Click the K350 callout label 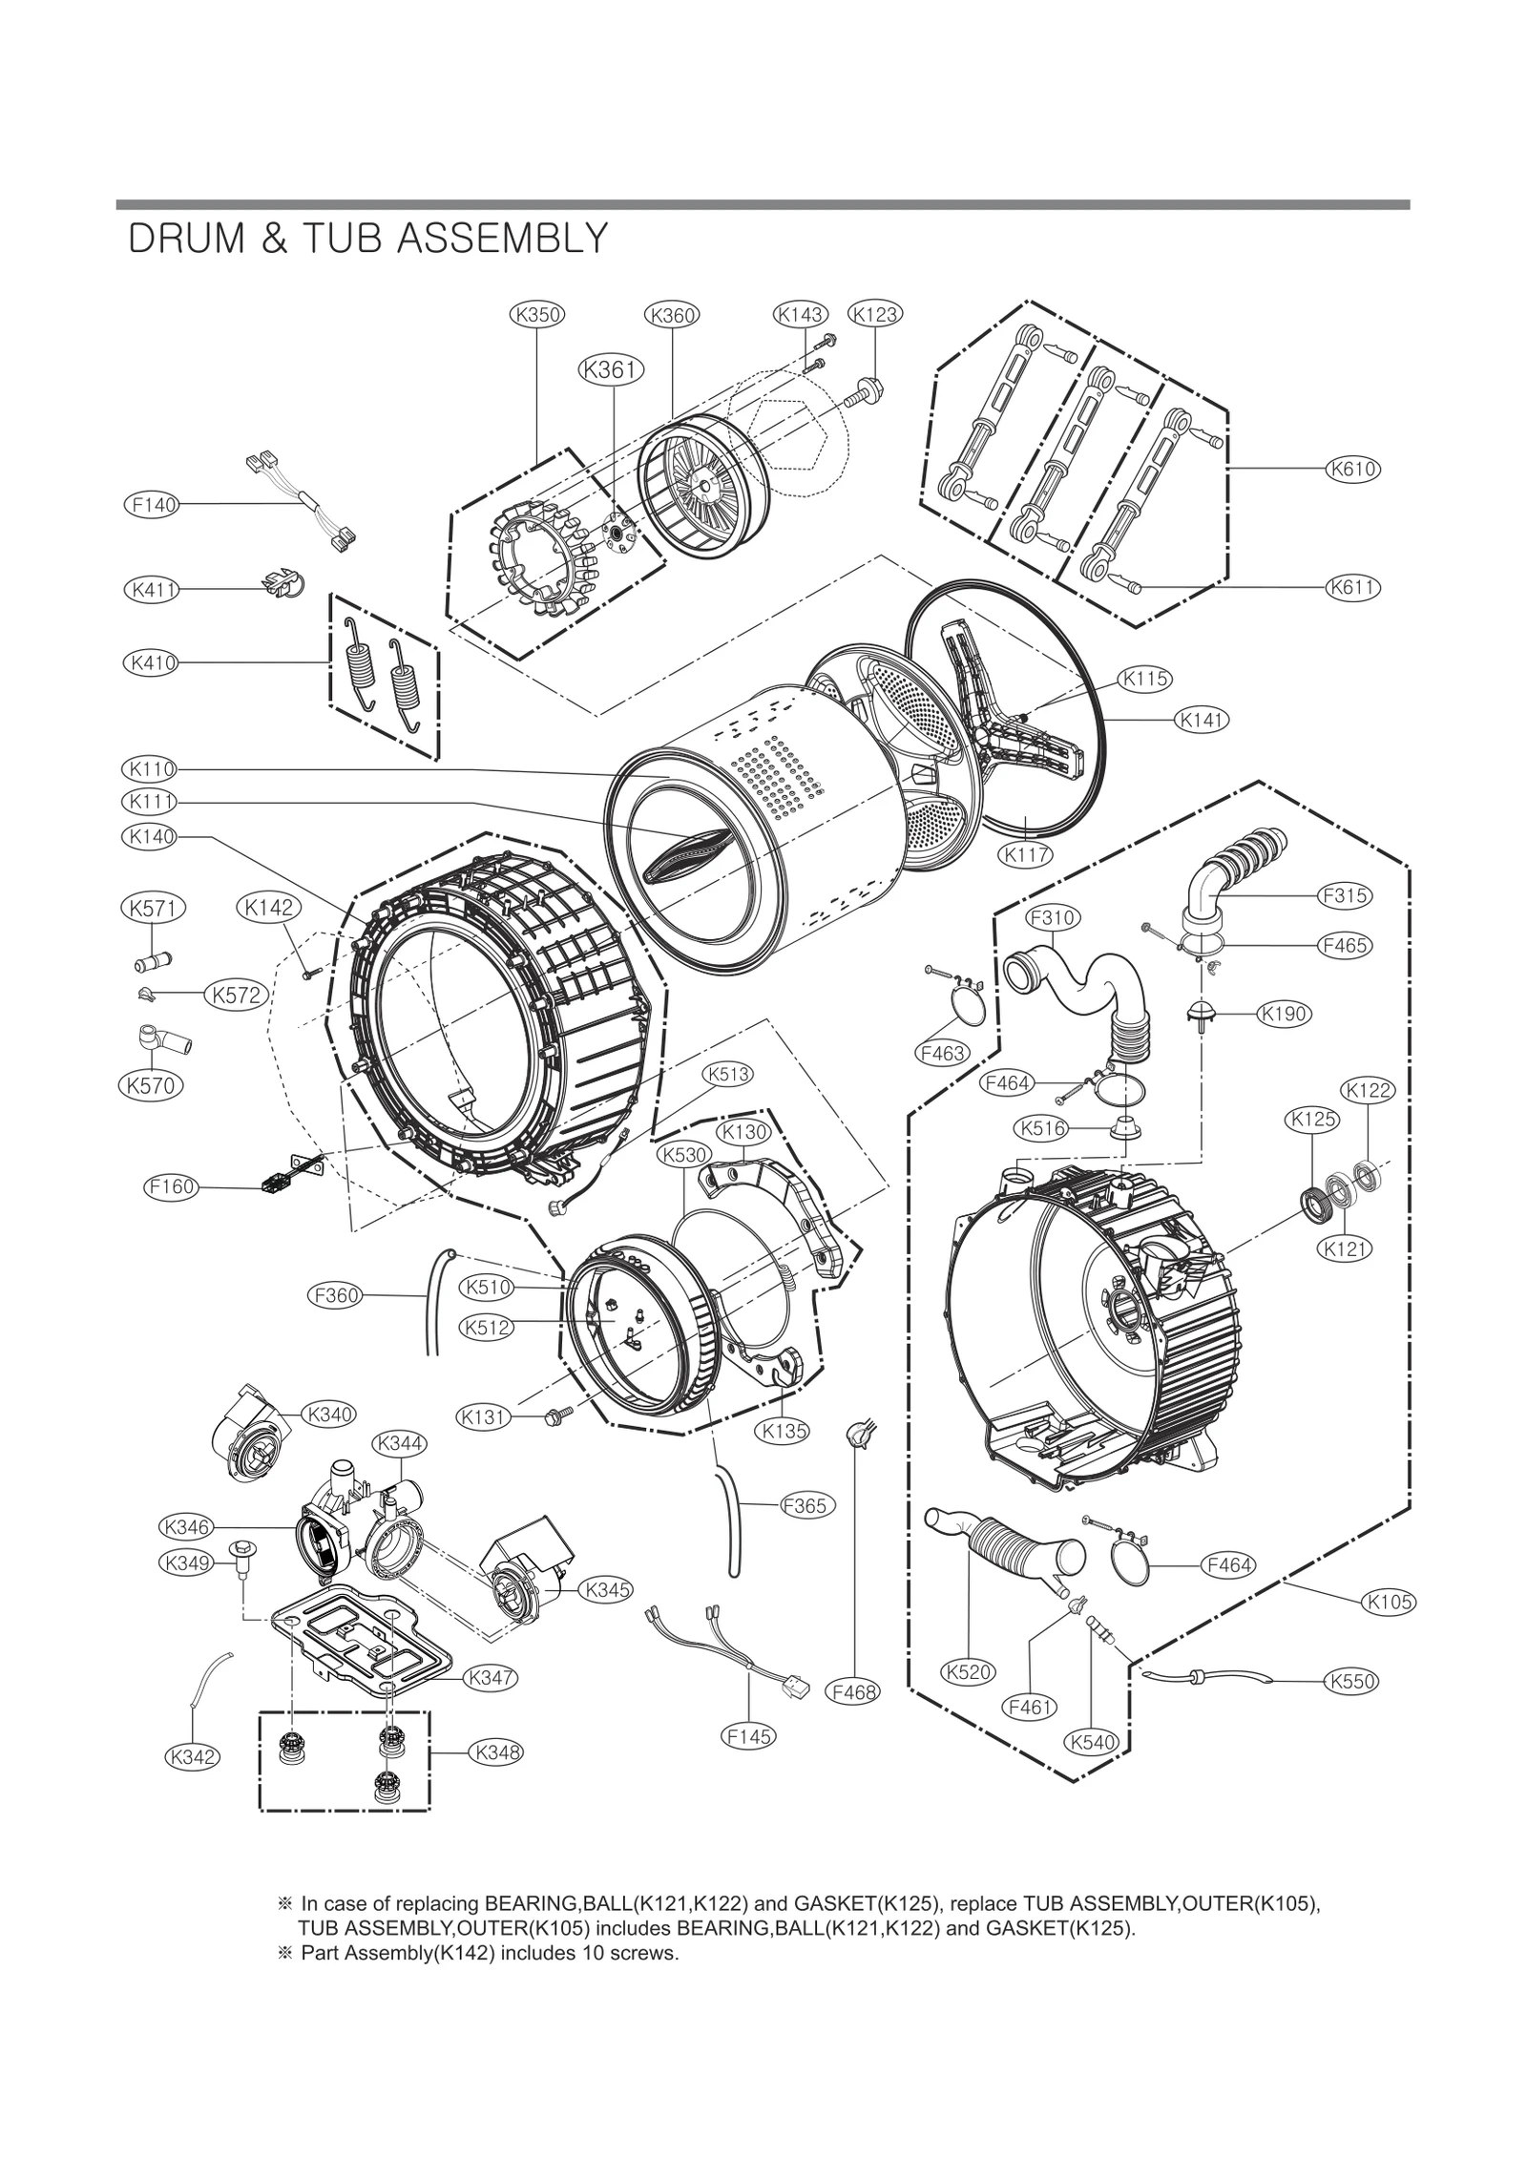click(x=537, y=314)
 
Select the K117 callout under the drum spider click(x=1026, y=855)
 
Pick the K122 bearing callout click(x=1368, y=1090)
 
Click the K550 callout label click(x=1351, y=1681)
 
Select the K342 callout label click(x=192, y=1755)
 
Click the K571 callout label click(x=153, y=909)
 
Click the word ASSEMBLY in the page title click(x=502, y=240)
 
